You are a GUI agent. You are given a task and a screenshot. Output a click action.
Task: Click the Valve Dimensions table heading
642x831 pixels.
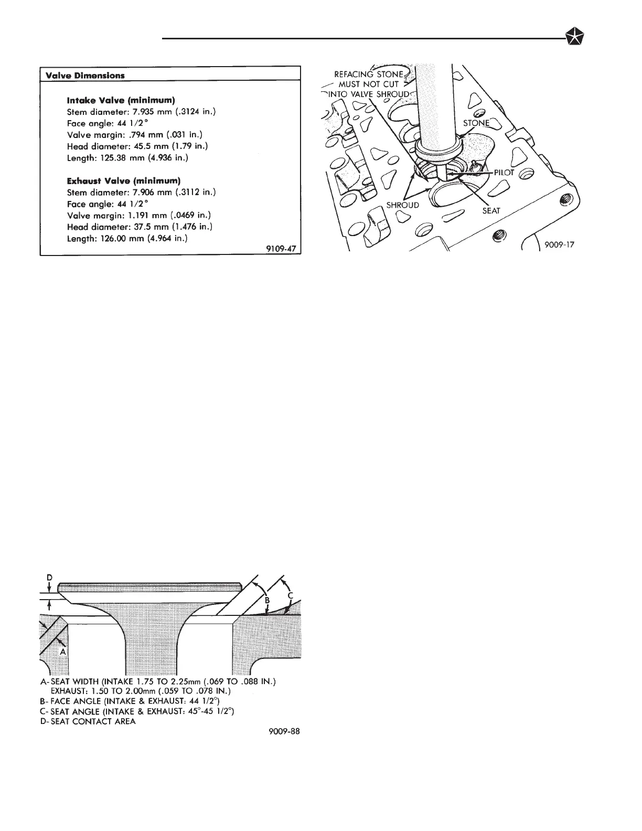[85, 75]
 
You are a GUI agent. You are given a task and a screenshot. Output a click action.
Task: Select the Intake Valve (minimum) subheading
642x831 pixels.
[121, 100]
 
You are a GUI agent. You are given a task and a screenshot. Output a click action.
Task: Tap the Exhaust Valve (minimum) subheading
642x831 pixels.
[124, 181]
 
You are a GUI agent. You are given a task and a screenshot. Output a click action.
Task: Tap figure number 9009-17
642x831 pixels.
[560, 244]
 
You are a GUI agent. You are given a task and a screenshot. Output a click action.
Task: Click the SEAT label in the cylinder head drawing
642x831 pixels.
[491, 211]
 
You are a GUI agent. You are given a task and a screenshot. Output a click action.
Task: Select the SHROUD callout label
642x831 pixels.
[403, 205]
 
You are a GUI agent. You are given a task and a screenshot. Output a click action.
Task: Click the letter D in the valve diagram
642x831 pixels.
[49, 577]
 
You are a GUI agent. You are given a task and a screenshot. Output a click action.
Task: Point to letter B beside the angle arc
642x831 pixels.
[266, 600]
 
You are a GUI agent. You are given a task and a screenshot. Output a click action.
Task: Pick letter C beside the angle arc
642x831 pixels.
[290, 595]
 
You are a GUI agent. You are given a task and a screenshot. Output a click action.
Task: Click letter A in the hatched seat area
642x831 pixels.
[62, 651]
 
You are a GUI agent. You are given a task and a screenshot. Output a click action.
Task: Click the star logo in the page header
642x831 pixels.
[576, 38]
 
